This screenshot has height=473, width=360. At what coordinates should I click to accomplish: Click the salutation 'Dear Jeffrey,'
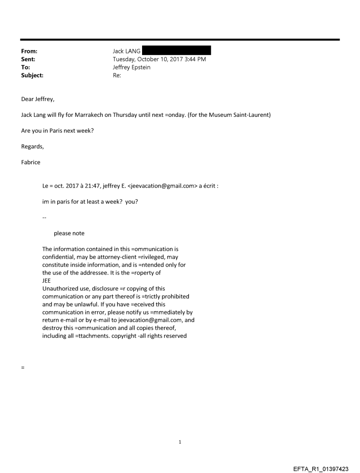38,99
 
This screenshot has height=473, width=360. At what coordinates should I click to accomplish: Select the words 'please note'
69,233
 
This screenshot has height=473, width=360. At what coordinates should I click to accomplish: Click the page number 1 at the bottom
180,442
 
